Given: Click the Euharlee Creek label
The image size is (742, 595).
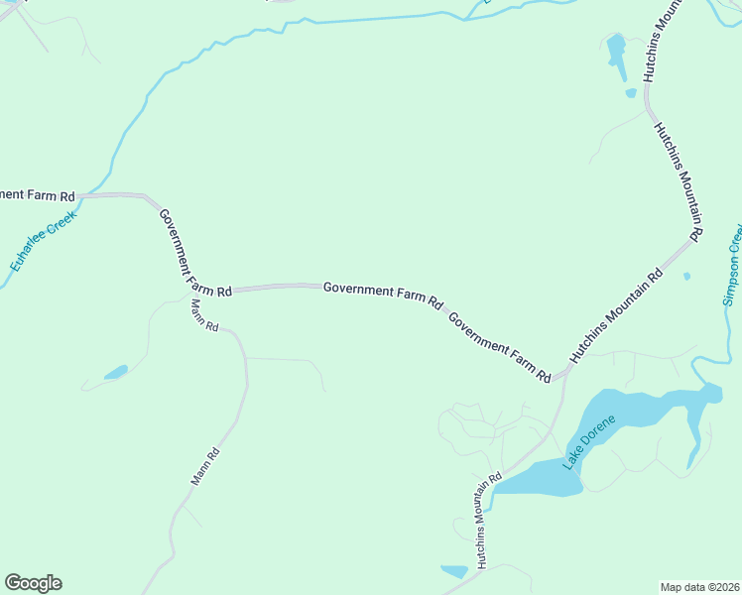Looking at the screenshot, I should tap(43, 240).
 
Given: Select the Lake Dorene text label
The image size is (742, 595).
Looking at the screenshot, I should tap(589, 441).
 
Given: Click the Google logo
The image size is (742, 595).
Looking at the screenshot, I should tap(33, 583).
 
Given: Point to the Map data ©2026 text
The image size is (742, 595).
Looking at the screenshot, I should tap(700, 586).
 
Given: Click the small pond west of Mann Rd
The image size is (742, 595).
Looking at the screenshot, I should tap(116, 373).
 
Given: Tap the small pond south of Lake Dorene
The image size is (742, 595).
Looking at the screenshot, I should tap(454, 571).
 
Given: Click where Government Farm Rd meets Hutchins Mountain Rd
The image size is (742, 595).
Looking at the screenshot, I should tap(562, 375).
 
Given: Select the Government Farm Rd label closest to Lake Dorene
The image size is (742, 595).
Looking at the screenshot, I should tap(499, 348).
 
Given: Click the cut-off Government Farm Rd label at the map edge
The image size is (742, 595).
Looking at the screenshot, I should tap(38, 193).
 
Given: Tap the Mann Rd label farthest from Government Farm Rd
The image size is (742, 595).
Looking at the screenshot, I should tap(205, 467).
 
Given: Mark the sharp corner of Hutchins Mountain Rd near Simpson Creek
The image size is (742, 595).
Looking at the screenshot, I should tap(690, 238).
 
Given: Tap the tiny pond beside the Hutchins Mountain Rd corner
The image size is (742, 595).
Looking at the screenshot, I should tap(686, 276).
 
